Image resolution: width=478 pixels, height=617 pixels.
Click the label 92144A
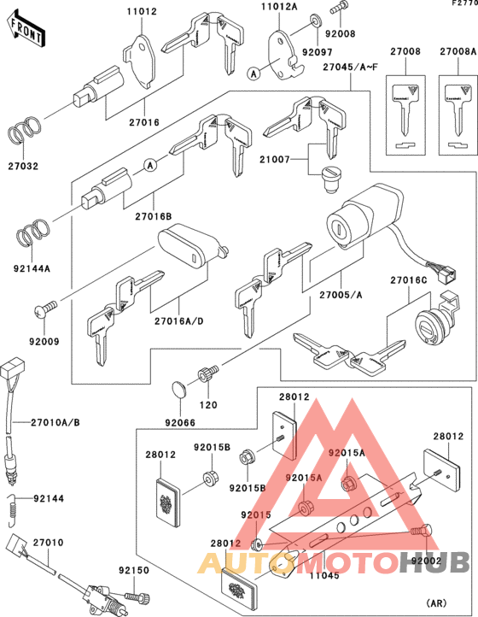[x=32, y=267]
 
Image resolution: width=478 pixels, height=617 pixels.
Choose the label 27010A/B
[x=55, y=422]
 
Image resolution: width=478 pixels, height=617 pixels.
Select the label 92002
[x=427, y=561]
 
